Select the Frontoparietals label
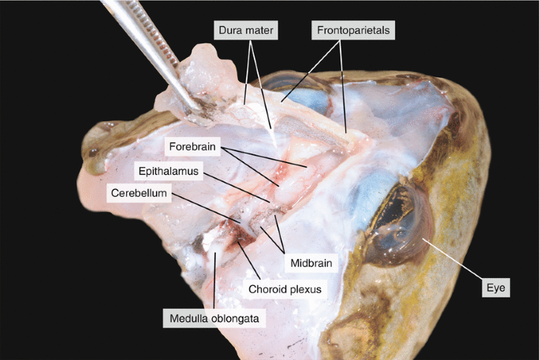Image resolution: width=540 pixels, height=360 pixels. click(352, 32)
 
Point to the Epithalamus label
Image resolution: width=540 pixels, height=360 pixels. click(169, 170)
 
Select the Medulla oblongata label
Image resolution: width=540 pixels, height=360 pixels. click(214, 318)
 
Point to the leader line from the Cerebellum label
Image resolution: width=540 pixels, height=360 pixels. click(205, 206)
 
